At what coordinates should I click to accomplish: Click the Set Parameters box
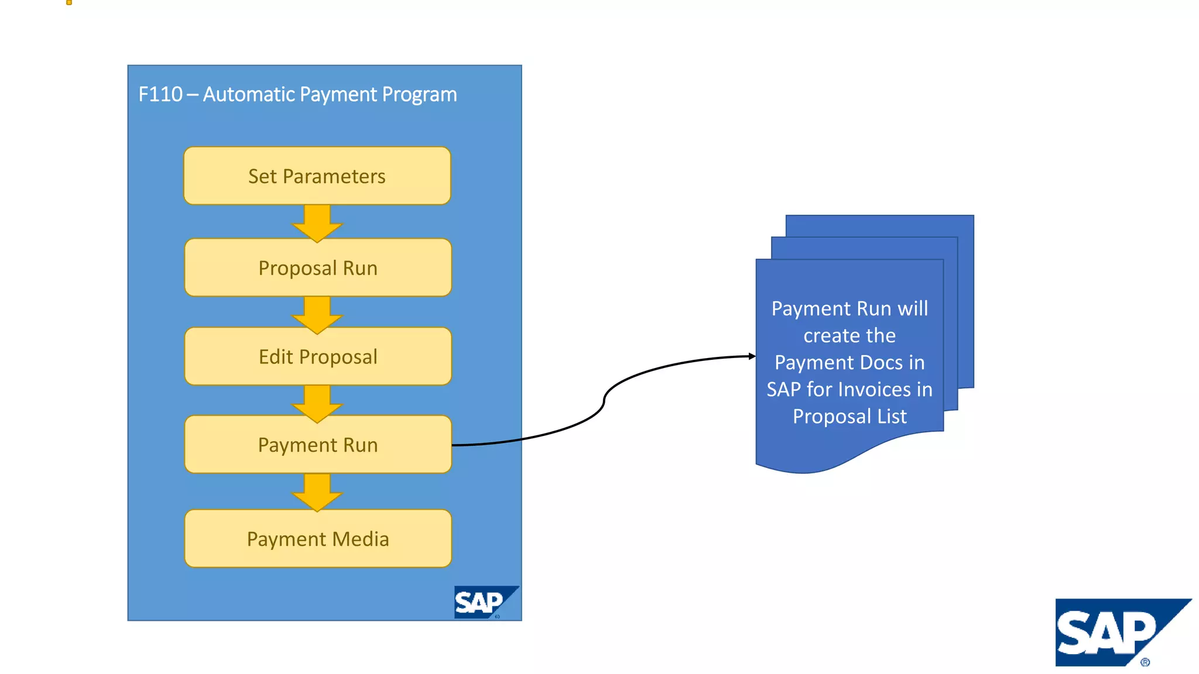[x=317, y=176]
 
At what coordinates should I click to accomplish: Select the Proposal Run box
[x=318, y=267]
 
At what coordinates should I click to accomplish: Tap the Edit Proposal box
[x=318, y=356]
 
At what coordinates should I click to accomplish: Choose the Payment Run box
[x=318, y=445]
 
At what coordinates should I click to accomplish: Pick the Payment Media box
[x=318, y=538]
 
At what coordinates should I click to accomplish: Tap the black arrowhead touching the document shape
[x=752, y=356]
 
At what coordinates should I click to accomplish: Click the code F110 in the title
[x=160, y=94]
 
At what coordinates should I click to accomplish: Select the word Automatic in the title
[x=248, y=94]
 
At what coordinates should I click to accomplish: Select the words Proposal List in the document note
[x=849, y=416]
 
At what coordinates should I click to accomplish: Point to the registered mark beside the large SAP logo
[x=1145, y=662]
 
